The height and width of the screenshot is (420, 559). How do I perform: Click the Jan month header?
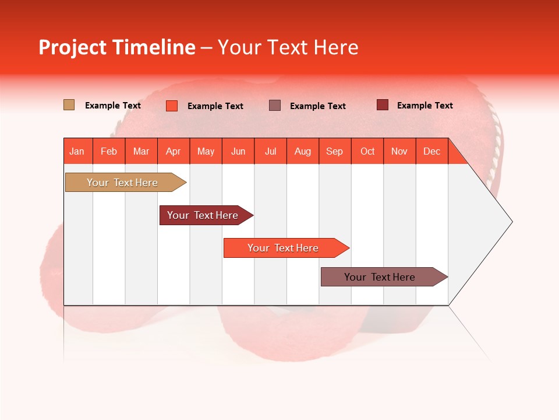click(77, 151)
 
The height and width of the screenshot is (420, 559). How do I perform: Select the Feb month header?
click(109, 151)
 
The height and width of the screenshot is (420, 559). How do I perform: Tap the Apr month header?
click(174, 151)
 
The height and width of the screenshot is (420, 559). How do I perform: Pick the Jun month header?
click(238, 151)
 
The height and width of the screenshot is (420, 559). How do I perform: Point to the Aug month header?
click(303, 151)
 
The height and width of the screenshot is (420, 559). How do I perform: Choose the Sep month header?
click(335, 151)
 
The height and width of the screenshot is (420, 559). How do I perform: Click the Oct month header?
click(367, 151)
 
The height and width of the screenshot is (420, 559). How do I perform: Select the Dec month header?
click(432, 151)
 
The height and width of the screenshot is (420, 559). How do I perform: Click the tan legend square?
click(69, 105)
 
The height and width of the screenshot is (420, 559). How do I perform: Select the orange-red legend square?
click(172, 106)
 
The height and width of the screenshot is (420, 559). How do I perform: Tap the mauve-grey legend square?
click(275, 105)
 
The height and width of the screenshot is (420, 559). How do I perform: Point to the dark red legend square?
click(383, 105)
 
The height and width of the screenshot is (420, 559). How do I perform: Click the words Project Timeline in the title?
click(116, 47)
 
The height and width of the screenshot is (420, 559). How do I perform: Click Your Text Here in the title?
click(288, 47)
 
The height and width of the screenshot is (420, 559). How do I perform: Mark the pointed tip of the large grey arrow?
click(511, 222)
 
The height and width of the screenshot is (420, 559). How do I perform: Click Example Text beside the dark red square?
click(424, 105)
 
